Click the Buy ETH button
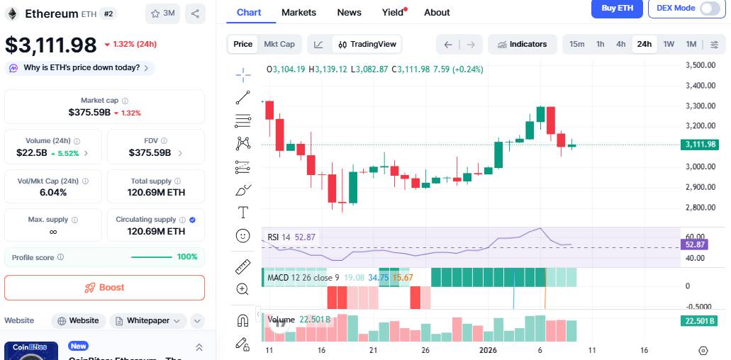(617, 8)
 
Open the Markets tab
(298, 12)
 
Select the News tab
(349, 12)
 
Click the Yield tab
(393, 12)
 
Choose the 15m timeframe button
(576, 44)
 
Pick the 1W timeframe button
(669, 44)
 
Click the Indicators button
(522, 44)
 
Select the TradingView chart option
(367, 44)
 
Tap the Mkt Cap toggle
(279, 44)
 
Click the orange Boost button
(105, 288)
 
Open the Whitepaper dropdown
(148, 320)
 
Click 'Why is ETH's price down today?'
(79, 68)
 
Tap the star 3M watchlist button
(162, 13)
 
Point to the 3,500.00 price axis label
(700, 65)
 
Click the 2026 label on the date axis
(488, 350)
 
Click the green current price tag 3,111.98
(700, 145)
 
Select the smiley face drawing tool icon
(242, 235)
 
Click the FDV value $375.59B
(150, 152)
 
